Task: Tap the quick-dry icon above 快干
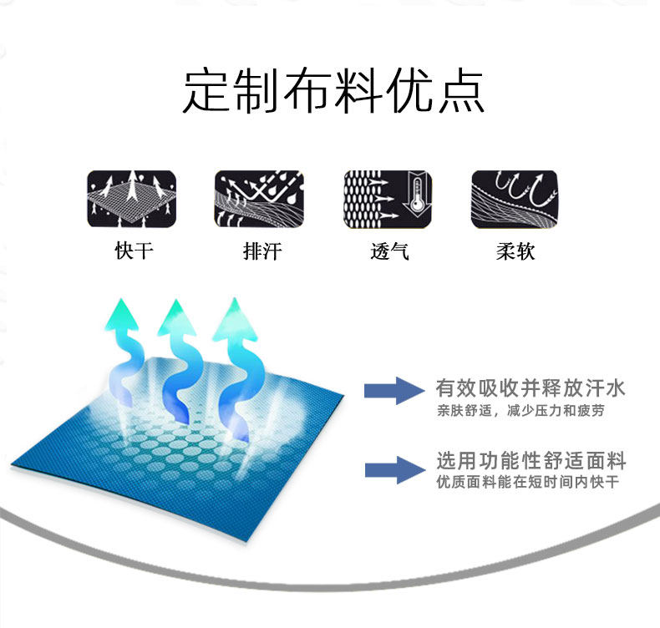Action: point(131,200)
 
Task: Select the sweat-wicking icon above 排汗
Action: point(259,200)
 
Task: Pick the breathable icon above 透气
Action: point(388,200)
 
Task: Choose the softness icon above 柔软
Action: point(515,200)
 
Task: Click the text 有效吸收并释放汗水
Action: point(531,388)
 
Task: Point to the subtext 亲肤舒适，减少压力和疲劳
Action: point(520,411)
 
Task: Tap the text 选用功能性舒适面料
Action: point(531,461)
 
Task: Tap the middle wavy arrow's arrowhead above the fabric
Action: point(178,316)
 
